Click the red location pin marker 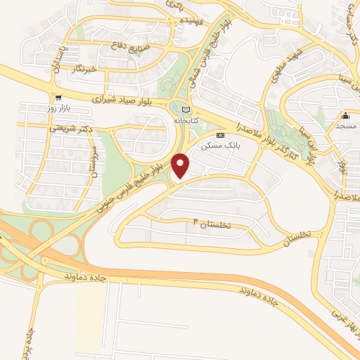(181, 166)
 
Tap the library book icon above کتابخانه (186, 110)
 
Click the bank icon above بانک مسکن (221, 134)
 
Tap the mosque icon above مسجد (345, 116)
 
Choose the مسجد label (346, 126)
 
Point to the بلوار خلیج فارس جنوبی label (131, 180)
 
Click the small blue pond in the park (176, 107)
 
